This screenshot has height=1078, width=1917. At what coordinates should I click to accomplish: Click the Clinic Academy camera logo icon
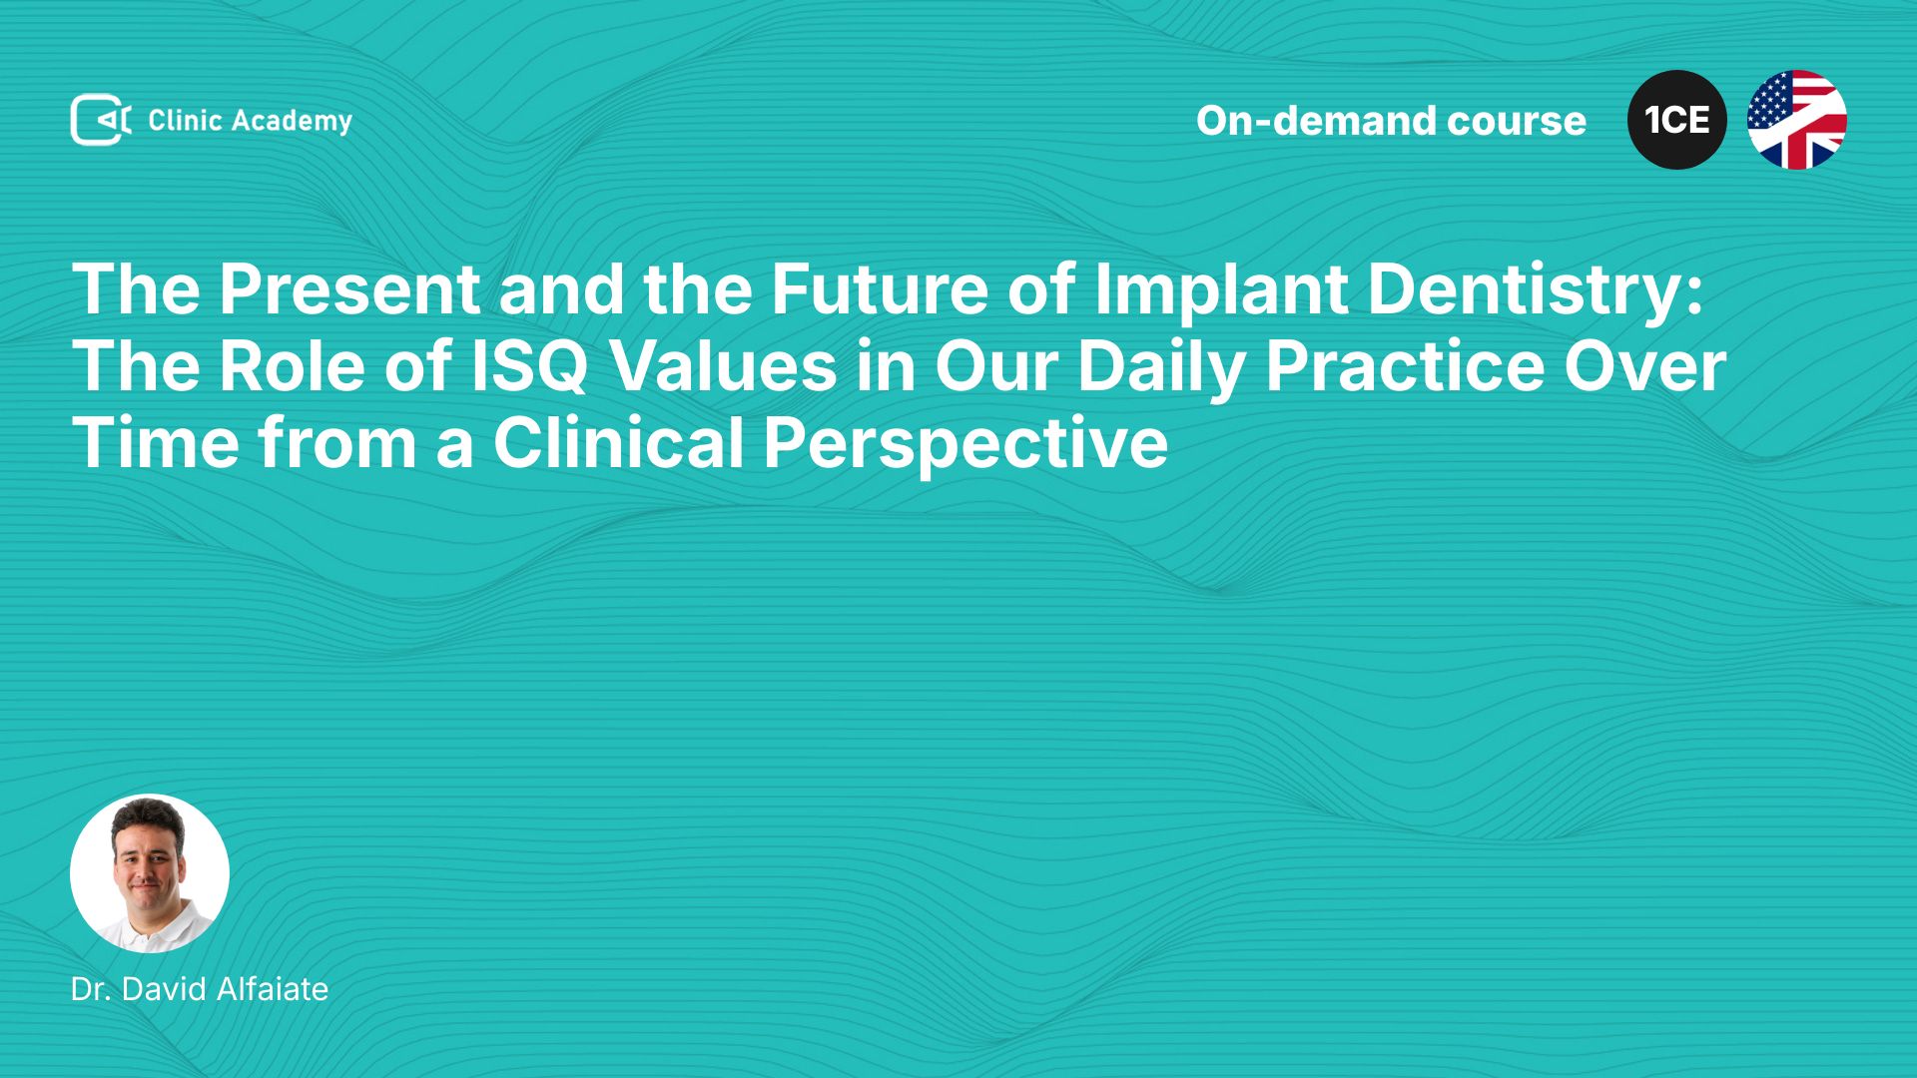(101, 120)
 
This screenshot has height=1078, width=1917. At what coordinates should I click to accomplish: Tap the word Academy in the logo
(293, 122)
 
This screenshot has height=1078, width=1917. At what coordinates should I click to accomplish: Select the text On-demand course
(1391, 121)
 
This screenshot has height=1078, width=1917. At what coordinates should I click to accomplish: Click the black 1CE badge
(1677, 120)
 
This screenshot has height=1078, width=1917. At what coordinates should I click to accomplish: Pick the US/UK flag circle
(1797, 120)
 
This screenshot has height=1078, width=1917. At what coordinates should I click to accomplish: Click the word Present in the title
(349, 289)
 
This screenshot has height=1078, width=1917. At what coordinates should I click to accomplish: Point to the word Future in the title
(879, 289)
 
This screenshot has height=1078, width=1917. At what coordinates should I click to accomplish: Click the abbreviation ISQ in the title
(529, 367)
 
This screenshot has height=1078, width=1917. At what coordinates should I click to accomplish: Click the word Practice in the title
(1405, 366)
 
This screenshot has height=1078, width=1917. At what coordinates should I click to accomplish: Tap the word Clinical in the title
(619, 443)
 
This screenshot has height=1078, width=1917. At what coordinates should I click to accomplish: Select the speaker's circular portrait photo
(150, 873)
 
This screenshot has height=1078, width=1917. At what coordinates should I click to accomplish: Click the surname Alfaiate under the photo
(273, 989)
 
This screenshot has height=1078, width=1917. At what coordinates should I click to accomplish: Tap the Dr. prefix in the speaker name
(91, 989)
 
